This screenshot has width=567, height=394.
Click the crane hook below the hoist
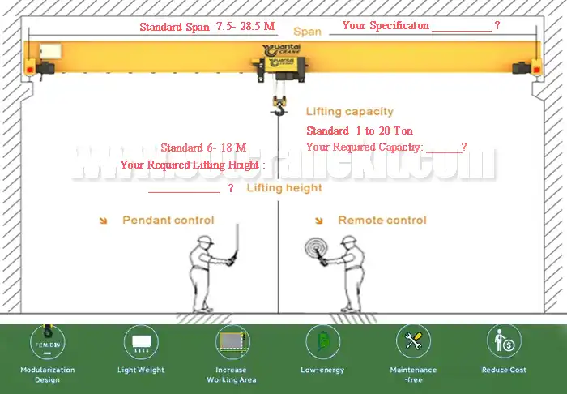[x=280, y=106]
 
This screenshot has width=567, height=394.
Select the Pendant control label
[x=168, y=220]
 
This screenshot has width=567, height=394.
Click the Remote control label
[x=382, y=220]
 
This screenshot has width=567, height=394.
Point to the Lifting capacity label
[x=349, y=112]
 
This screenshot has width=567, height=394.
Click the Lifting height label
[x=284, y=188]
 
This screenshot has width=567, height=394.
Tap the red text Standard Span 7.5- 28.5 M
[x=207, y=27]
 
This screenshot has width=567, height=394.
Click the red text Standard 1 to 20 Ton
[x=359, y=131]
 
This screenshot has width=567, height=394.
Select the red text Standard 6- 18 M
[x=202, y=148]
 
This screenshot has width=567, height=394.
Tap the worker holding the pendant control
[x=204, y=271]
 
